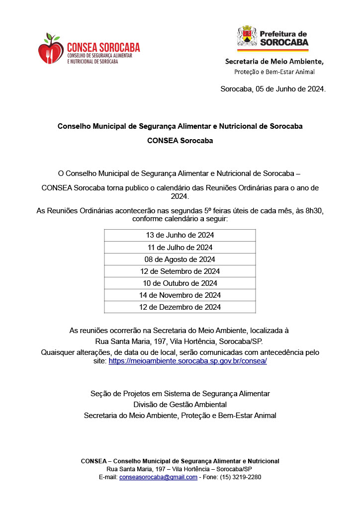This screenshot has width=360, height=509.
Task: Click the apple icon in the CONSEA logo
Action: click(x=51, y=50)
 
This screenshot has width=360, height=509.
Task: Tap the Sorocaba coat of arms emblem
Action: click(x=247, y=38)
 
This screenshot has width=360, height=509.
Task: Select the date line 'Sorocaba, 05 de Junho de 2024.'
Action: click(x=273, y=89)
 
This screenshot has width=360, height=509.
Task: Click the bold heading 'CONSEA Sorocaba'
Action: click(x=180, y=141)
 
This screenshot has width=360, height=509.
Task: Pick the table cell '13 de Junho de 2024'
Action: click(x=180, y=235)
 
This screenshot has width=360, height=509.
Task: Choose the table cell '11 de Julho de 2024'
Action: click(x=180, y=247)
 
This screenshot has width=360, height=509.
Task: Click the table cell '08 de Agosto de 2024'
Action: click(x=180, y=259)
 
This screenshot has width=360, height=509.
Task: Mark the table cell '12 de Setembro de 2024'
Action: click(x=180, y=271)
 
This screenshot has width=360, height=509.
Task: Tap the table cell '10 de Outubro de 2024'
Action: click(x=180, y=283)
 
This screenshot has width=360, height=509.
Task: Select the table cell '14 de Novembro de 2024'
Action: click(x=180, y=295)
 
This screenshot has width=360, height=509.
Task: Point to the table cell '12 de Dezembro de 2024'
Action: click(x=180, y=307)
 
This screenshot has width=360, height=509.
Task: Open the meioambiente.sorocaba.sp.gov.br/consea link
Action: click(x=188, y=361)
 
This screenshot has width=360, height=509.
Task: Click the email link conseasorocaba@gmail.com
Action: click(x=158, y=477)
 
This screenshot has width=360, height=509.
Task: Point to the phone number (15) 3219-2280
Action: click(x=241, y=477)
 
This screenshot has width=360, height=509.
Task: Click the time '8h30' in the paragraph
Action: click(x=313, y=211)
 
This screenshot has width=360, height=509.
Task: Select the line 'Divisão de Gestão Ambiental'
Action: click(x=180, y=405)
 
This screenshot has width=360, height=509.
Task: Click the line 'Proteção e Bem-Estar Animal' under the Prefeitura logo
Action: click(x=274, y=72)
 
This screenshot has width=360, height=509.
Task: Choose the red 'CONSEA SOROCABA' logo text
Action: click(x=103, y=48)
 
